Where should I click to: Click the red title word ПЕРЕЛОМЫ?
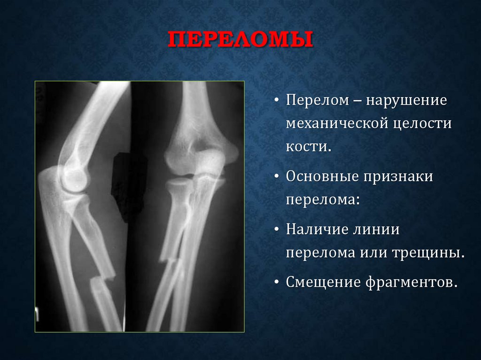pyautogui.click(x=240, y=40)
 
